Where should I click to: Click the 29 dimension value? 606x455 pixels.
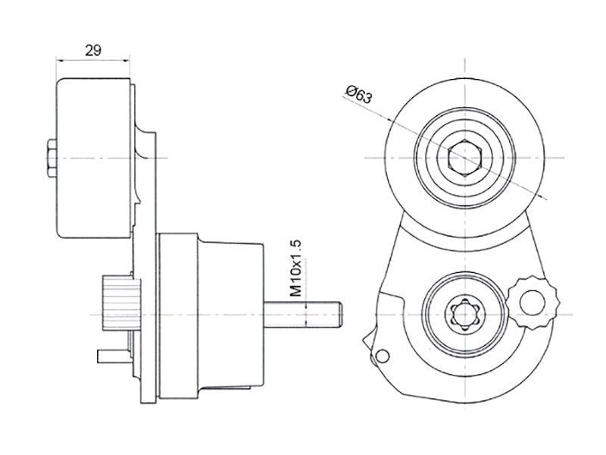tap(93, 50)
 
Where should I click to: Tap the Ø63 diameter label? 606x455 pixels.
tap(359, 94)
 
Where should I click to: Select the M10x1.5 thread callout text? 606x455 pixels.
tap(295, 268)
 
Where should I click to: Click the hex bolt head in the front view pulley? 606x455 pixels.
tap(464, 158)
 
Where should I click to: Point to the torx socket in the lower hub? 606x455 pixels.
tap(464, 314)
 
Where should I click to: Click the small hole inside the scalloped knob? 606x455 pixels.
tap(532, 302)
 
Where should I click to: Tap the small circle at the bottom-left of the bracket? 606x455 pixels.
tap(383, 356)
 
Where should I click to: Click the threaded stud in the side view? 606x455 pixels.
tap(302, 314)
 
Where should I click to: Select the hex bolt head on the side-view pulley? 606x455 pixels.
tap(52, 158)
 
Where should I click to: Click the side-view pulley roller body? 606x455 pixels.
tap(93, 158)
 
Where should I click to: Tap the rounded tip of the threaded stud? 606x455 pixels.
tap(339, 314)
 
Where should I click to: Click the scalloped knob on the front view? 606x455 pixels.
tap(533, 303)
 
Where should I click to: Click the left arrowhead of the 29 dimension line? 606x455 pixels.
tap(59, 60)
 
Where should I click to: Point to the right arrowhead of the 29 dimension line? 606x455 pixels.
tap(127, 60)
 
